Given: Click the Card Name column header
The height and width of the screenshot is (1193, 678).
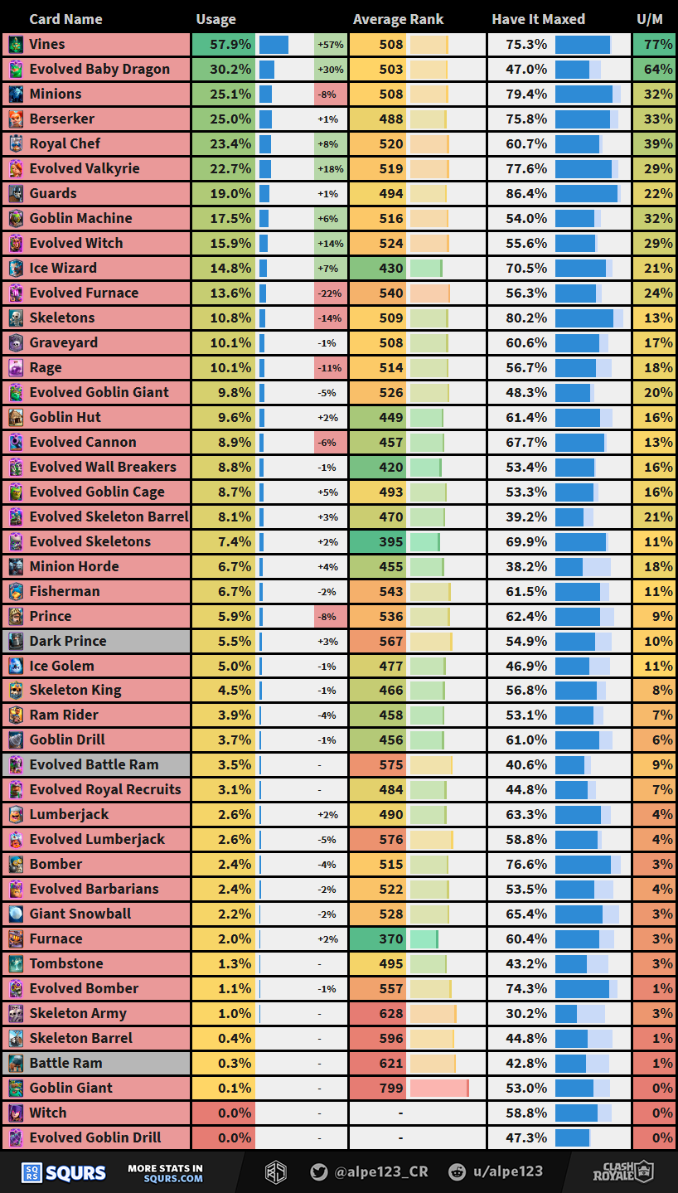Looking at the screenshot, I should [65, 19].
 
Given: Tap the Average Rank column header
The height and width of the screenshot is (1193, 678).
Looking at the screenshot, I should [398, 19].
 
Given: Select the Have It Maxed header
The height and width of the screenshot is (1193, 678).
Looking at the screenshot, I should [538, 19].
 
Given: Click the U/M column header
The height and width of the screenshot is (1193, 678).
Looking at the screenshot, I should [649, 19].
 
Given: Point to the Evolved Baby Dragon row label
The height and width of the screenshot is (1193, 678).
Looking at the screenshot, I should [99, 69].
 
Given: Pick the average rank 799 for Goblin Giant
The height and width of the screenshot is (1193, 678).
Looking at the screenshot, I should [390, 1088].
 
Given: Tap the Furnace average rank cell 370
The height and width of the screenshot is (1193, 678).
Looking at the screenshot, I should [390, 938].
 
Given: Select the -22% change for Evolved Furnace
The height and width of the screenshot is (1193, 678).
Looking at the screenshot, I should [330, 293].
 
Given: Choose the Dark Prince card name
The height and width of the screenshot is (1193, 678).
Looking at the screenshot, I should [68, 641].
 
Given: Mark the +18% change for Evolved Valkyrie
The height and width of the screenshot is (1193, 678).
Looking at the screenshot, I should [330, 168].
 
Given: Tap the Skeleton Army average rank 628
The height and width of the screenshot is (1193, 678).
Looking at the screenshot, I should [390, 1013].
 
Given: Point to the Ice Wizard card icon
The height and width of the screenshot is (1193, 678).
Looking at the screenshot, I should [16, 268].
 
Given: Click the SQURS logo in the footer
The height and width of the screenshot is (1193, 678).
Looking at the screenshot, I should [64, 1172].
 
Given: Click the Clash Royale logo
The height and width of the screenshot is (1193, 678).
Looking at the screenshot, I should [622, 1171].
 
